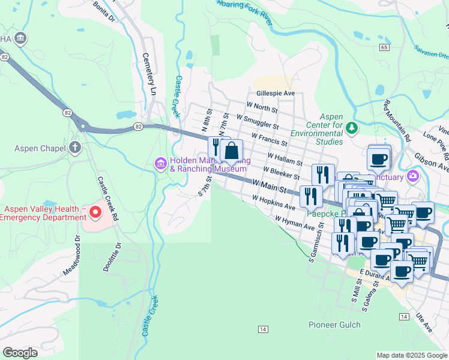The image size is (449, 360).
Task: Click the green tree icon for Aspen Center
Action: [352, 127]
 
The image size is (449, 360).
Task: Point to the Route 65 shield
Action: [384, 46]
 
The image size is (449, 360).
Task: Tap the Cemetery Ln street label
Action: [148, 73]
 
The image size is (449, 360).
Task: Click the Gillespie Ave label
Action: [276, 94]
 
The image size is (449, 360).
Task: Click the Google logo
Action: [20, 353]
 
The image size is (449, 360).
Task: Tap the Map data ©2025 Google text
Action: [412, 355]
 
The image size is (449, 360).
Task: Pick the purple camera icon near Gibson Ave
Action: [412, 176]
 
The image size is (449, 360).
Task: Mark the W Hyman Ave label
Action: [295, 224]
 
